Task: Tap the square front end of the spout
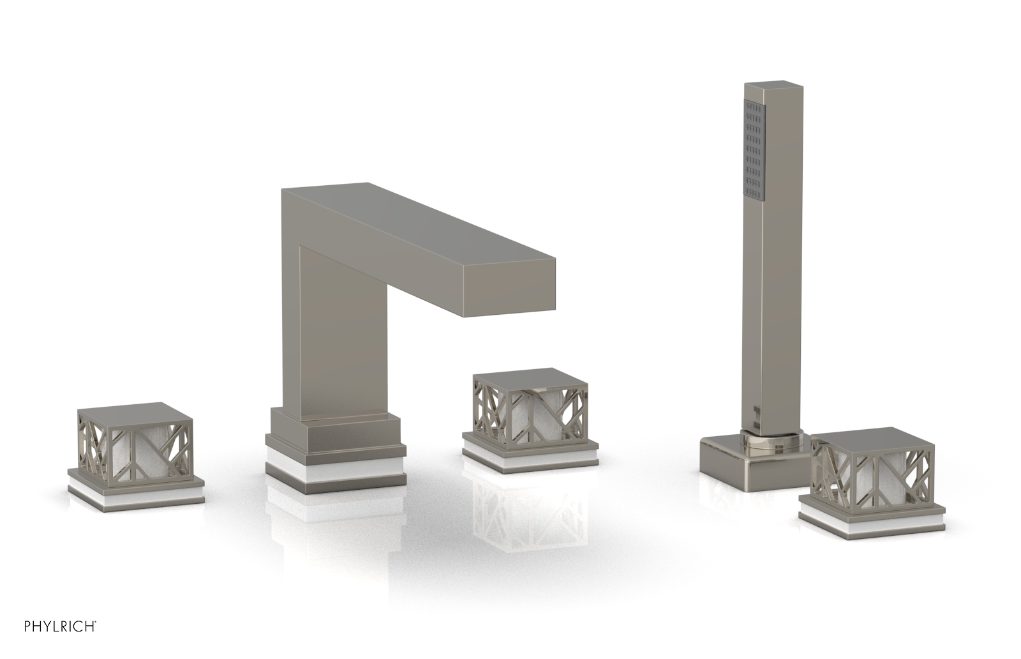[x=510, y=287]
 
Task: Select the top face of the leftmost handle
[x=135, y=413]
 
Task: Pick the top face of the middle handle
[x=530, y=378]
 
